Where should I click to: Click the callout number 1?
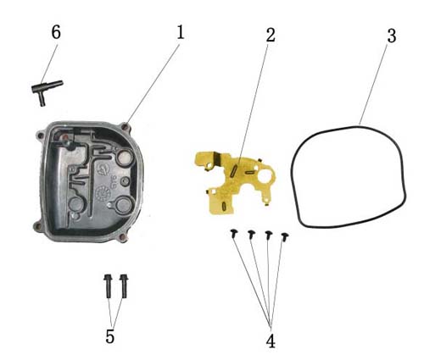(181, 32)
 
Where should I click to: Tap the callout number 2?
(271, 35)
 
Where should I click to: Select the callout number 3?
(392, 36)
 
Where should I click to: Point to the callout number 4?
(271, 341)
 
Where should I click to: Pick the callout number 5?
(109, 336)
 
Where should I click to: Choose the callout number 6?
(56, 32)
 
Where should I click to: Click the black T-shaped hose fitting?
(47, 91)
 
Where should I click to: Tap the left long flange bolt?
(109, 285)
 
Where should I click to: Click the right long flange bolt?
(124, 285)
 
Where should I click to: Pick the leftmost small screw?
(233, 234)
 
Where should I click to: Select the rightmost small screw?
(285, 237)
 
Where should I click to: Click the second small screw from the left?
(251, 235)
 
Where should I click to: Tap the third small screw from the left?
(269, 235)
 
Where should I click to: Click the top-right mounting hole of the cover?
(125, 127)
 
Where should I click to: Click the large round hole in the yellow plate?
(265, 177)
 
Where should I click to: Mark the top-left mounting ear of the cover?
(41, 135)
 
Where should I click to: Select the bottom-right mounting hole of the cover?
(123, 237)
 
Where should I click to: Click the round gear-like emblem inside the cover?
(102, 193)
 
